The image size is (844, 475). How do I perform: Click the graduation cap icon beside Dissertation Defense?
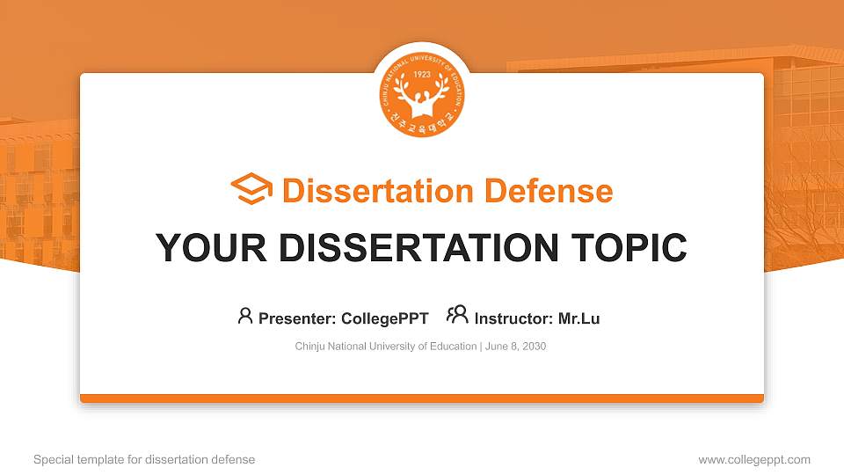251,190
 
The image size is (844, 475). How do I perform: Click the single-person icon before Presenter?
245,315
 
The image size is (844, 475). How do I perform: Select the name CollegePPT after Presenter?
385,318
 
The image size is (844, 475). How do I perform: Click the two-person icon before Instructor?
457,315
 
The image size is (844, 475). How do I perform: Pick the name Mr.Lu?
578,318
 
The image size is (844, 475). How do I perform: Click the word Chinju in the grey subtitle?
310,347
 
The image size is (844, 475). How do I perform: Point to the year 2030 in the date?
534,347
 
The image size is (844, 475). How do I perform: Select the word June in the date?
496,347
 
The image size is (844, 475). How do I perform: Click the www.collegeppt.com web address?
754,459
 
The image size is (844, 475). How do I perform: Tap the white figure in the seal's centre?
422,97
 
